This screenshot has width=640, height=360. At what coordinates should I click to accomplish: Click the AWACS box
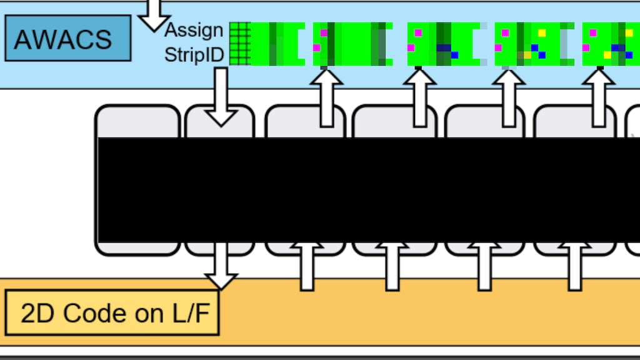67,38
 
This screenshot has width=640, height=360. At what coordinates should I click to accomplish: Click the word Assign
194,29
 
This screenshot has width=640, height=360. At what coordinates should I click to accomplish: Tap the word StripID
194,55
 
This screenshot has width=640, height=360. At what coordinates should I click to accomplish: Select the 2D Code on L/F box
112,312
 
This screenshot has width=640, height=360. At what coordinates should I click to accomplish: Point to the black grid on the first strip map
240,44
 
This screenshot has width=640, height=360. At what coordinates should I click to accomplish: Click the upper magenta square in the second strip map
324,32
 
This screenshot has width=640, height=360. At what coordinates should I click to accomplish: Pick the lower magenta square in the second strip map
317,47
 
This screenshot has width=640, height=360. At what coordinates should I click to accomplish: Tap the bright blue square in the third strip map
454,55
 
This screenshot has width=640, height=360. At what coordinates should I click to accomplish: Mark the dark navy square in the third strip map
443,47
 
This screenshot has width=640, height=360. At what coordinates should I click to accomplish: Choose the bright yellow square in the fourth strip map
542,32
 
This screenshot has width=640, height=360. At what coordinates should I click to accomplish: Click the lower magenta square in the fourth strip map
498,47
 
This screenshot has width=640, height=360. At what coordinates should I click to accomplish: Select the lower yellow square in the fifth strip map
607,55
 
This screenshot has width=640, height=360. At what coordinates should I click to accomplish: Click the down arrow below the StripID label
221,97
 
